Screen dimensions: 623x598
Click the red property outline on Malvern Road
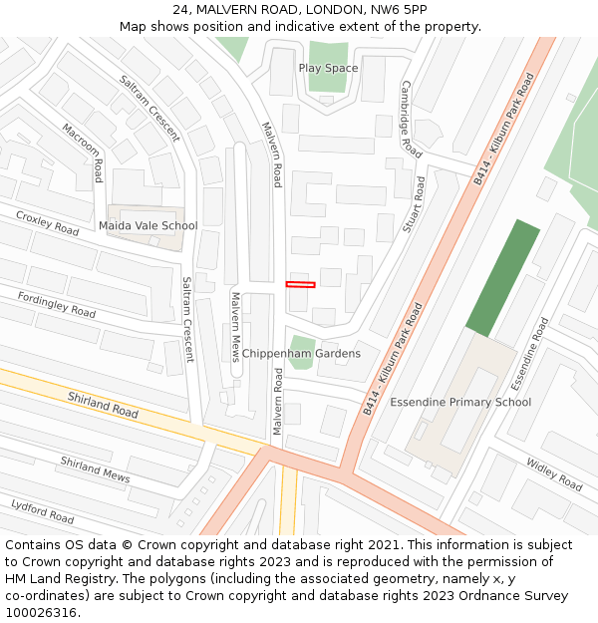(300, 284)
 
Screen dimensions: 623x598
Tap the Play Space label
(328, 68)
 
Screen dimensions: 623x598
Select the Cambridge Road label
(410, 120)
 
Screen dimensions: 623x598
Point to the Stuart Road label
(413, 206)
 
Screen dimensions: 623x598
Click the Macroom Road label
(84, 153)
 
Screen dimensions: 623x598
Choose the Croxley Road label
(47, 223)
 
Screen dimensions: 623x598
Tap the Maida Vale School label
(148, 225)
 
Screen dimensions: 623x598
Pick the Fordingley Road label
(57, 305)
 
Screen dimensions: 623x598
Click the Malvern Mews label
(235, 326)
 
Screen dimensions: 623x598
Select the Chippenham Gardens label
(301, 353)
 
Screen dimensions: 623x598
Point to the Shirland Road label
(103, 404)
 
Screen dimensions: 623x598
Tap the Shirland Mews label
(95, 469)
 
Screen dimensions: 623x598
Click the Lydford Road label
(42, 511)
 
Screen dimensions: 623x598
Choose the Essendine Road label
(529, 353)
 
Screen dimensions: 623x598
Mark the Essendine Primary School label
(459, 402)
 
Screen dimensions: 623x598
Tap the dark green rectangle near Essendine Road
(503, 278)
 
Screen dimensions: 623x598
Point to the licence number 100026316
(41, 612)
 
